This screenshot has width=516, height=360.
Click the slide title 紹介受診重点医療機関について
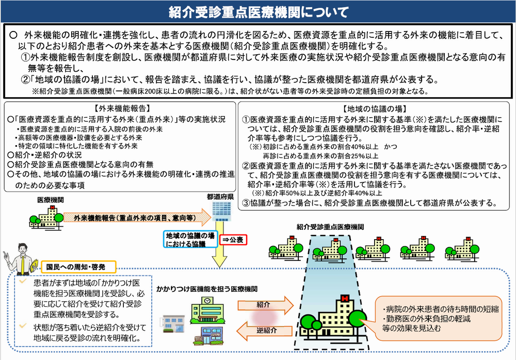[259, 12]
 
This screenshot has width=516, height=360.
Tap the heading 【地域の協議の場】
[375, 109]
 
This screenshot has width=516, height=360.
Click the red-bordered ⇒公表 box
[233, 240]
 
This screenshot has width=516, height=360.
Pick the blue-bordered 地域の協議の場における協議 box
[190, 240]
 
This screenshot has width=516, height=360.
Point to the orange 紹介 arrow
[265, 305]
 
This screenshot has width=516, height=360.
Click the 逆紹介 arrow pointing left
[265, 331]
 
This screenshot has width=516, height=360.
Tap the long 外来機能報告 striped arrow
[137, 218]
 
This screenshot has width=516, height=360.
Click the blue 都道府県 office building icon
[221, 211]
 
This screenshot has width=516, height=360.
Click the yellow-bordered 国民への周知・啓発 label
[78, 267]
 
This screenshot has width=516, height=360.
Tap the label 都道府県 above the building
[220, 197]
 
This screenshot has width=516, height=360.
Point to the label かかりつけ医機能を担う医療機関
[207, 289]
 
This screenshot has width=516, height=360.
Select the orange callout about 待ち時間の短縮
[438, 319]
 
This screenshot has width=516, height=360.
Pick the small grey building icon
[173, 324]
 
